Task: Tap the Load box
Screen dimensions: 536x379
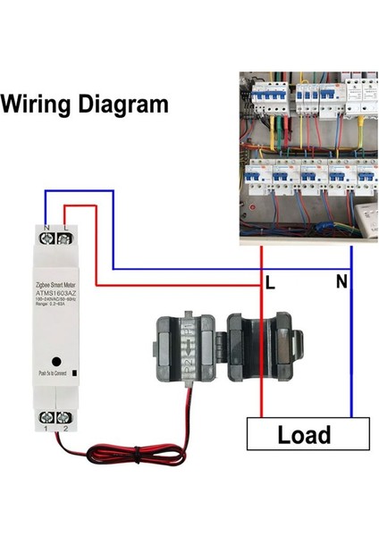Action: point(304,435)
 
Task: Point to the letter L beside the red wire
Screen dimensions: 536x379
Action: point(270,283)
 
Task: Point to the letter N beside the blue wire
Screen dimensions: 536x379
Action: point(340,283)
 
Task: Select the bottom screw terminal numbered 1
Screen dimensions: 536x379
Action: point(46,416)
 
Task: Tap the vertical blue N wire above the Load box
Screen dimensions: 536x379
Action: point(352,357)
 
